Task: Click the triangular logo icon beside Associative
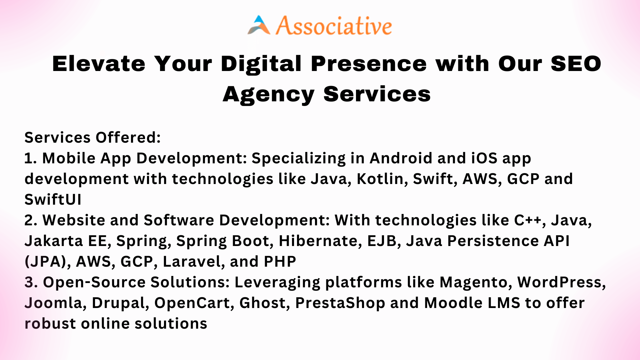(259, 25)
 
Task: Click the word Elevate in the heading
(99, 64)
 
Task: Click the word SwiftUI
(53, 199)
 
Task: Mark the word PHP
(280, 262)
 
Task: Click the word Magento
(476, 282)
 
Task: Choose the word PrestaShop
(340, 303)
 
